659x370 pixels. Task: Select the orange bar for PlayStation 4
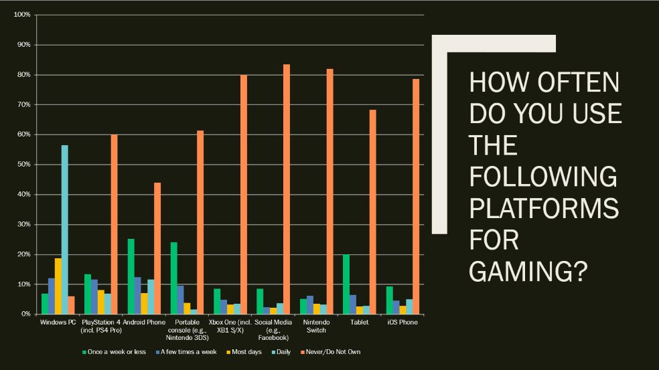click(115, 224)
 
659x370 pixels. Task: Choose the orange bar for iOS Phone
click(416, 197)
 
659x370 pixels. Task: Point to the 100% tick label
click(22, 15)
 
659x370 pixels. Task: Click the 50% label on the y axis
click(23, 165)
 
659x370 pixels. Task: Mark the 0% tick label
click(25, 314)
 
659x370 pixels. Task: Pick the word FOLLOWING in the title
click(542, 176)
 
